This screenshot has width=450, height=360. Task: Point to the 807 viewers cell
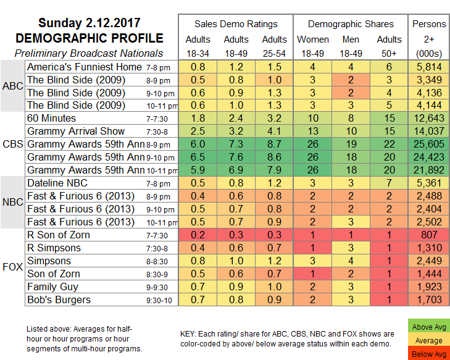430,235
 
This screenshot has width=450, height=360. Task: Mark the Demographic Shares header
351,24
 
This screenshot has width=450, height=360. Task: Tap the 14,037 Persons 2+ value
430,131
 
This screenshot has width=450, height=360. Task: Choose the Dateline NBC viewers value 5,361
430,183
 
